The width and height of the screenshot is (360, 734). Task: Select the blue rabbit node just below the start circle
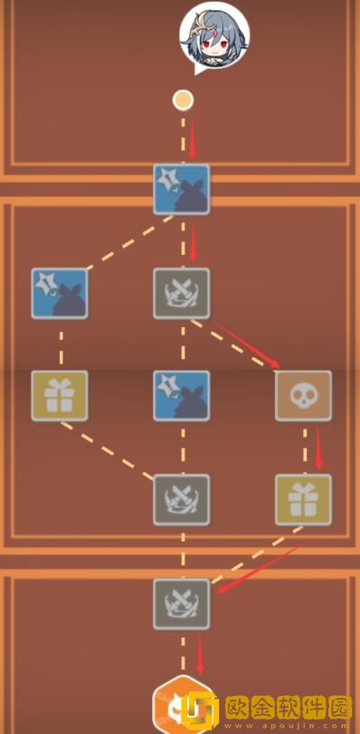click(x=182, y=190)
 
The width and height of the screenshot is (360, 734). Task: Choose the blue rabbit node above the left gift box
click(x=60, y=293)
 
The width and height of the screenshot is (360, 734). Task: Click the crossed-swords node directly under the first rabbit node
click(x=182, y=293)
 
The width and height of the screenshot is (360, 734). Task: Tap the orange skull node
click(x=303, y=396)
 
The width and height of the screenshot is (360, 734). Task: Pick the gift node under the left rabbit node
click(x=60, y=396)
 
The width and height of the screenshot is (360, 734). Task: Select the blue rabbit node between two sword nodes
click(x=182, y=396)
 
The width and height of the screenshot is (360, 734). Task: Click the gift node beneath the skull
click(x=303, y=499)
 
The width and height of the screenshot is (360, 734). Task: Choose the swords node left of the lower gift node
click(x=182, y=499)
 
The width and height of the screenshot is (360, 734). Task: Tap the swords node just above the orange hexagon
click(x=182, y=603)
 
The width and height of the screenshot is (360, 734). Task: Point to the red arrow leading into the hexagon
click(x=199, y=653)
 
